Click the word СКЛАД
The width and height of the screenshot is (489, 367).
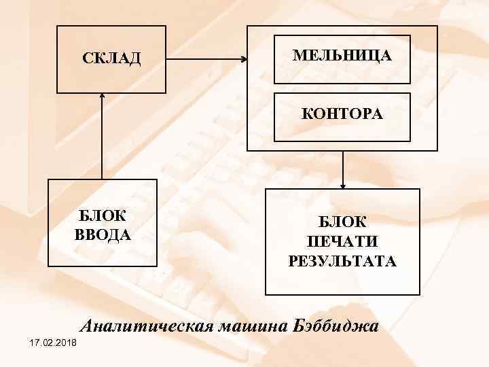111,58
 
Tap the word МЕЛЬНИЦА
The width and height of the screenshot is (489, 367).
342,55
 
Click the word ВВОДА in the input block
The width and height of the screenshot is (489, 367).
102,234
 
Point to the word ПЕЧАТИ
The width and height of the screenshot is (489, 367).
342,241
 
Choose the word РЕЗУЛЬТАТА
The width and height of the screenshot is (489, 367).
342,260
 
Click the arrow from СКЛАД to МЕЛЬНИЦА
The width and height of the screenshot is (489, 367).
206,59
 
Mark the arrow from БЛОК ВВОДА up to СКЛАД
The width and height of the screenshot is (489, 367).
102,136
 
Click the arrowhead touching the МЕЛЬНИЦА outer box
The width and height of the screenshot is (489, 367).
244,59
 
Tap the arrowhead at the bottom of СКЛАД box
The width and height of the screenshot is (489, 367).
102,96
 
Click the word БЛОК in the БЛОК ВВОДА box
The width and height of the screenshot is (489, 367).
102,217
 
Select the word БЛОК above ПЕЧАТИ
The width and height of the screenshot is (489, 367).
342,222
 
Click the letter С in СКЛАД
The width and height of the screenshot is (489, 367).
87,58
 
